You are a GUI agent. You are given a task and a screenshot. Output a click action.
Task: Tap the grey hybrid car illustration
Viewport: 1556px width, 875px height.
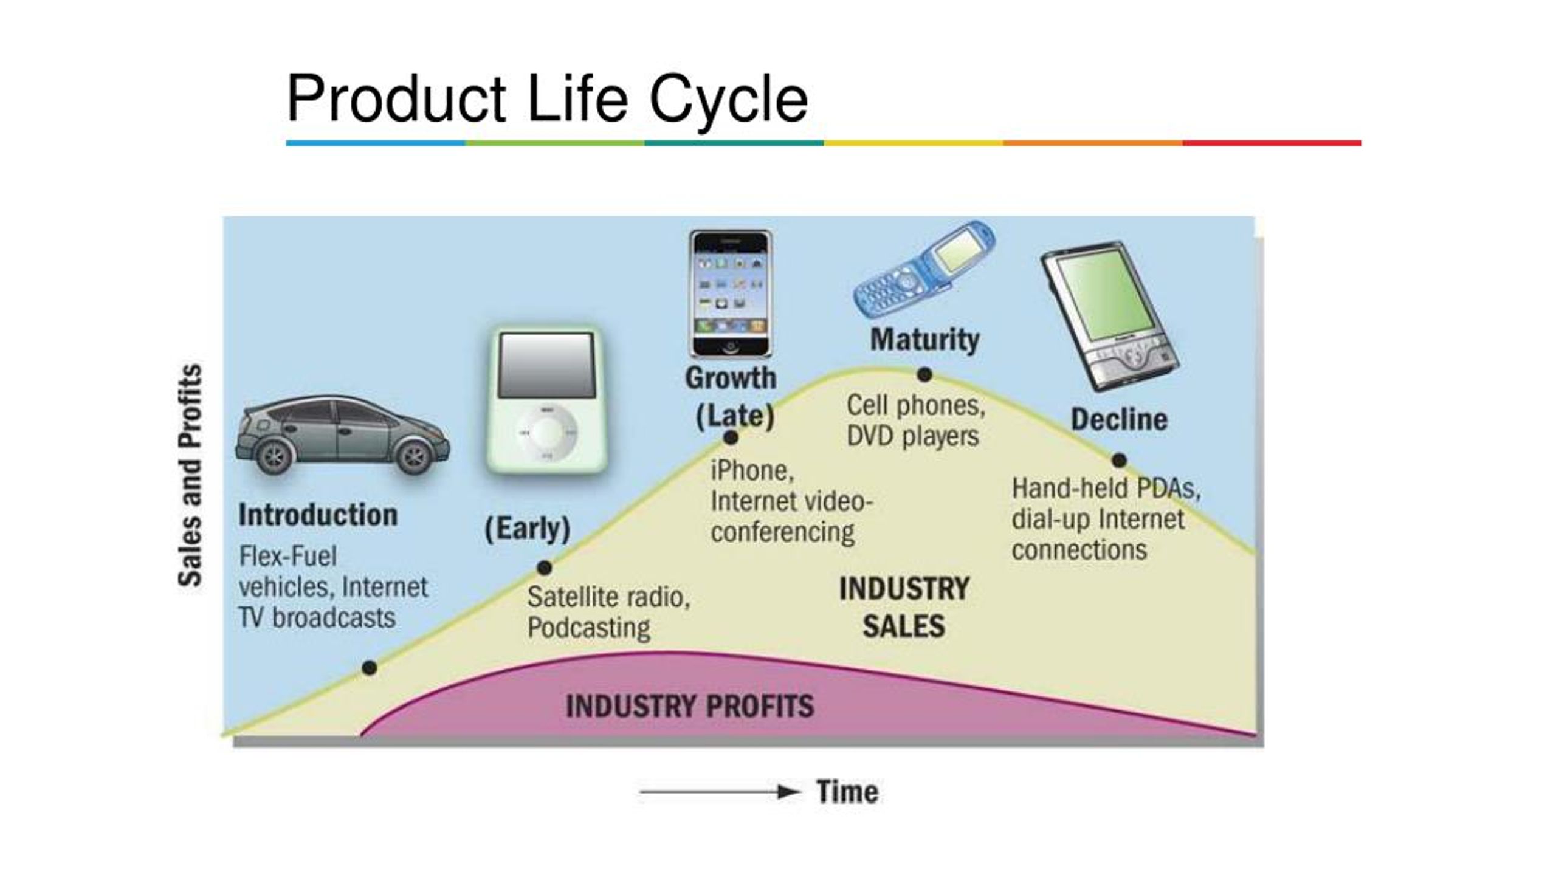click(342, 436)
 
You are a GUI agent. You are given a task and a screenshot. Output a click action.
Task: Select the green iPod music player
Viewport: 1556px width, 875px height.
click(547, 400)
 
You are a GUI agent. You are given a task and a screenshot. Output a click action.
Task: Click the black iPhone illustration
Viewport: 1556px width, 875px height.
click(731, 293)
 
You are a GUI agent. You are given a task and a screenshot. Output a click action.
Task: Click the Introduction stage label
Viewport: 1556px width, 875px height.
click(318, 515)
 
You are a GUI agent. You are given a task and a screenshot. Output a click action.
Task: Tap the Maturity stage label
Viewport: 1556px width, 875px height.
click(924, 339)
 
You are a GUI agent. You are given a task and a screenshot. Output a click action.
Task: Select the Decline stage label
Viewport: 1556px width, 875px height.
click(1119, 419)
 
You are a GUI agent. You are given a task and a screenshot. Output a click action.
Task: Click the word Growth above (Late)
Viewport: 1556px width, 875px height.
click(731, 378)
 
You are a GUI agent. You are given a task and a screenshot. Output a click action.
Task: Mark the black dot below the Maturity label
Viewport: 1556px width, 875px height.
click(924, 374)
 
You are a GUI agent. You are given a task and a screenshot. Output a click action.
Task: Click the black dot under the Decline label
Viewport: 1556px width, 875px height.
click(1119, 460)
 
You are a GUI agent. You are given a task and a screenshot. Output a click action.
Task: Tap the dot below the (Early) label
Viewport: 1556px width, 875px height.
click(544, 568)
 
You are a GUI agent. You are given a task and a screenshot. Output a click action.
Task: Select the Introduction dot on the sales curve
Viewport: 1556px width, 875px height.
click(369, 668)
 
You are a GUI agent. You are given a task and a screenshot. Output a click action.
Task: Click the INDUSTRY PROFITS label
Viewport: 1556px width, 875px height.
click(690, 706)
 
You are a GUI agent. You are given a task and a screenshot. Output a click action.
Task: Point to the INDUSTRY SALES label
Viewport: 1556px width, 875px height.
click(904, 607)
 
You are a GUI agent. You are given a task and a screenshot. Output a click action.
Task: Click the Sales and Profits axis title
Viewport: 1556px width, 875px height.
click(190, 475)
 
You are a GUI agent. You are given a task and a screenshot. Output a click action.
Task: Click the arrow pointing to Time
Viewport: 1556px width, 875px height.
click(720, 792)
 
